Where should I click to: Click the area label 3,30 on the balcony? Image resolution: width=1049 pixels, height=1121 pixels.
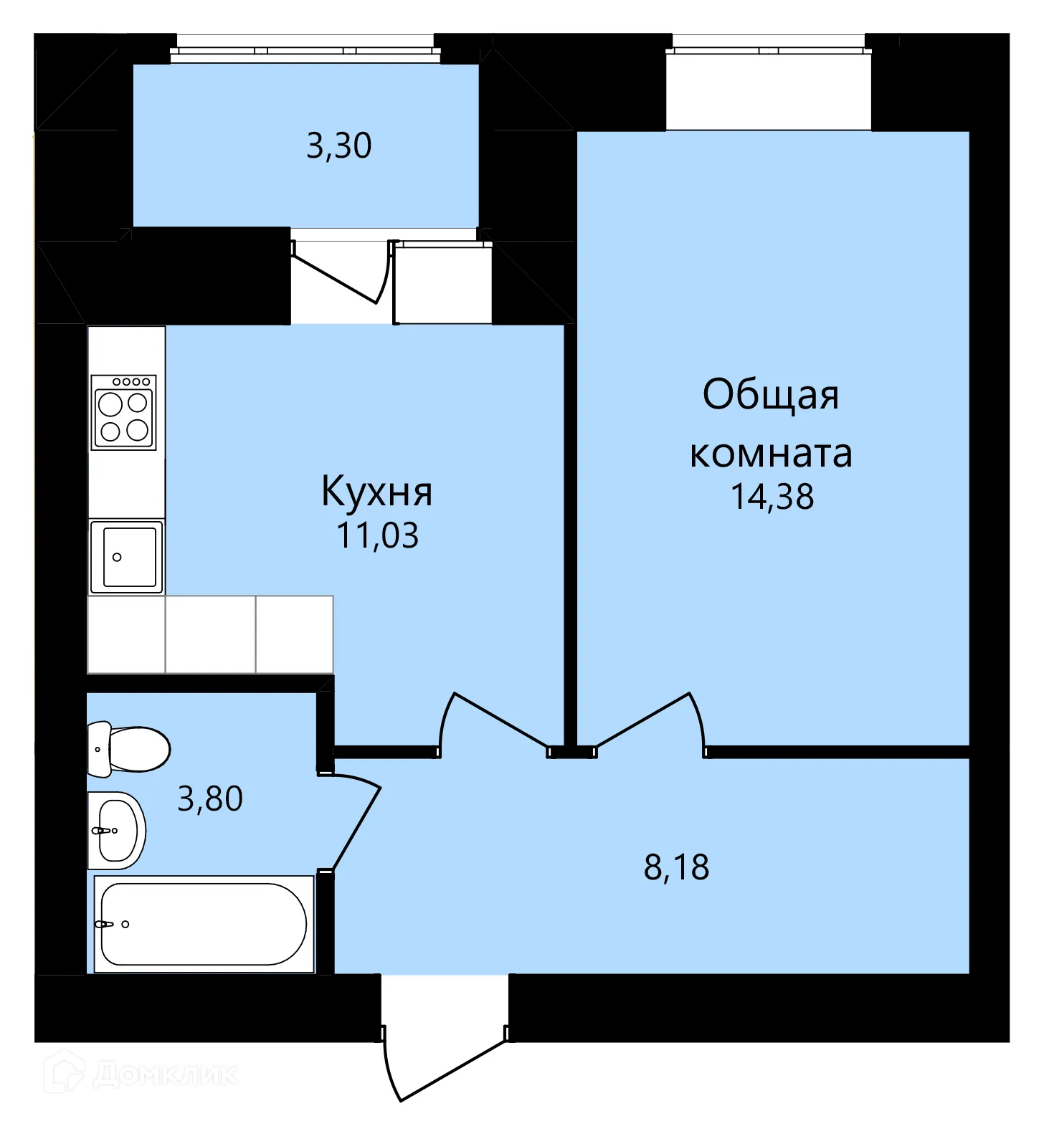pos(338,146)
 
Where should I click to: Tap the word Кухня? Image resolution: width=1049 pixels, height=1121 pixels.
pos(376,491)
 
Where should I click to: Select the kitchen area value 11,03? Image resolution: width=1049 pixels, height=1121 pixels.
pos(378,536)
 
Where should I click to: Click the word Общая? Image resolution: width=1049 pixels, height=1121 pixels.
pos(771,395)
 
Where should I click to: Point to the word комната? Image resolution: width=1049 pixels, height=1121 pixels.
pos(771,454)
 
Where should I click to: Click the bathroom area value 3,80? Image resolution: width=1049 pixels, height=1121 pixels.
pos(210,798)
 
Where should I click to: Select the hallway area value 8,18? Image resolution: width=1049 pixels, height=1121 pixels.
pos(676,867)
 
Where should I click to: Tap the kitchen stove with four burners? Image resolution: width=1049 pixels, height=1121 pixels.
pos(123,412)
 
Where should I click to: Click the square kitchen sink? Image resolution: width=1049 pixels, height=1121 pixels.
pos(126,557)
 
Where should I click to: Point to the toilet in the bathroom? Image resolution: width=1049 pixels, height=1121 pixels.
pos(128,749)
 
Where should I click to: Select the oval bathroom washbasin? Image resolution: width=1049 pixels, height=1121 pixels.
pos(116,831)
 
